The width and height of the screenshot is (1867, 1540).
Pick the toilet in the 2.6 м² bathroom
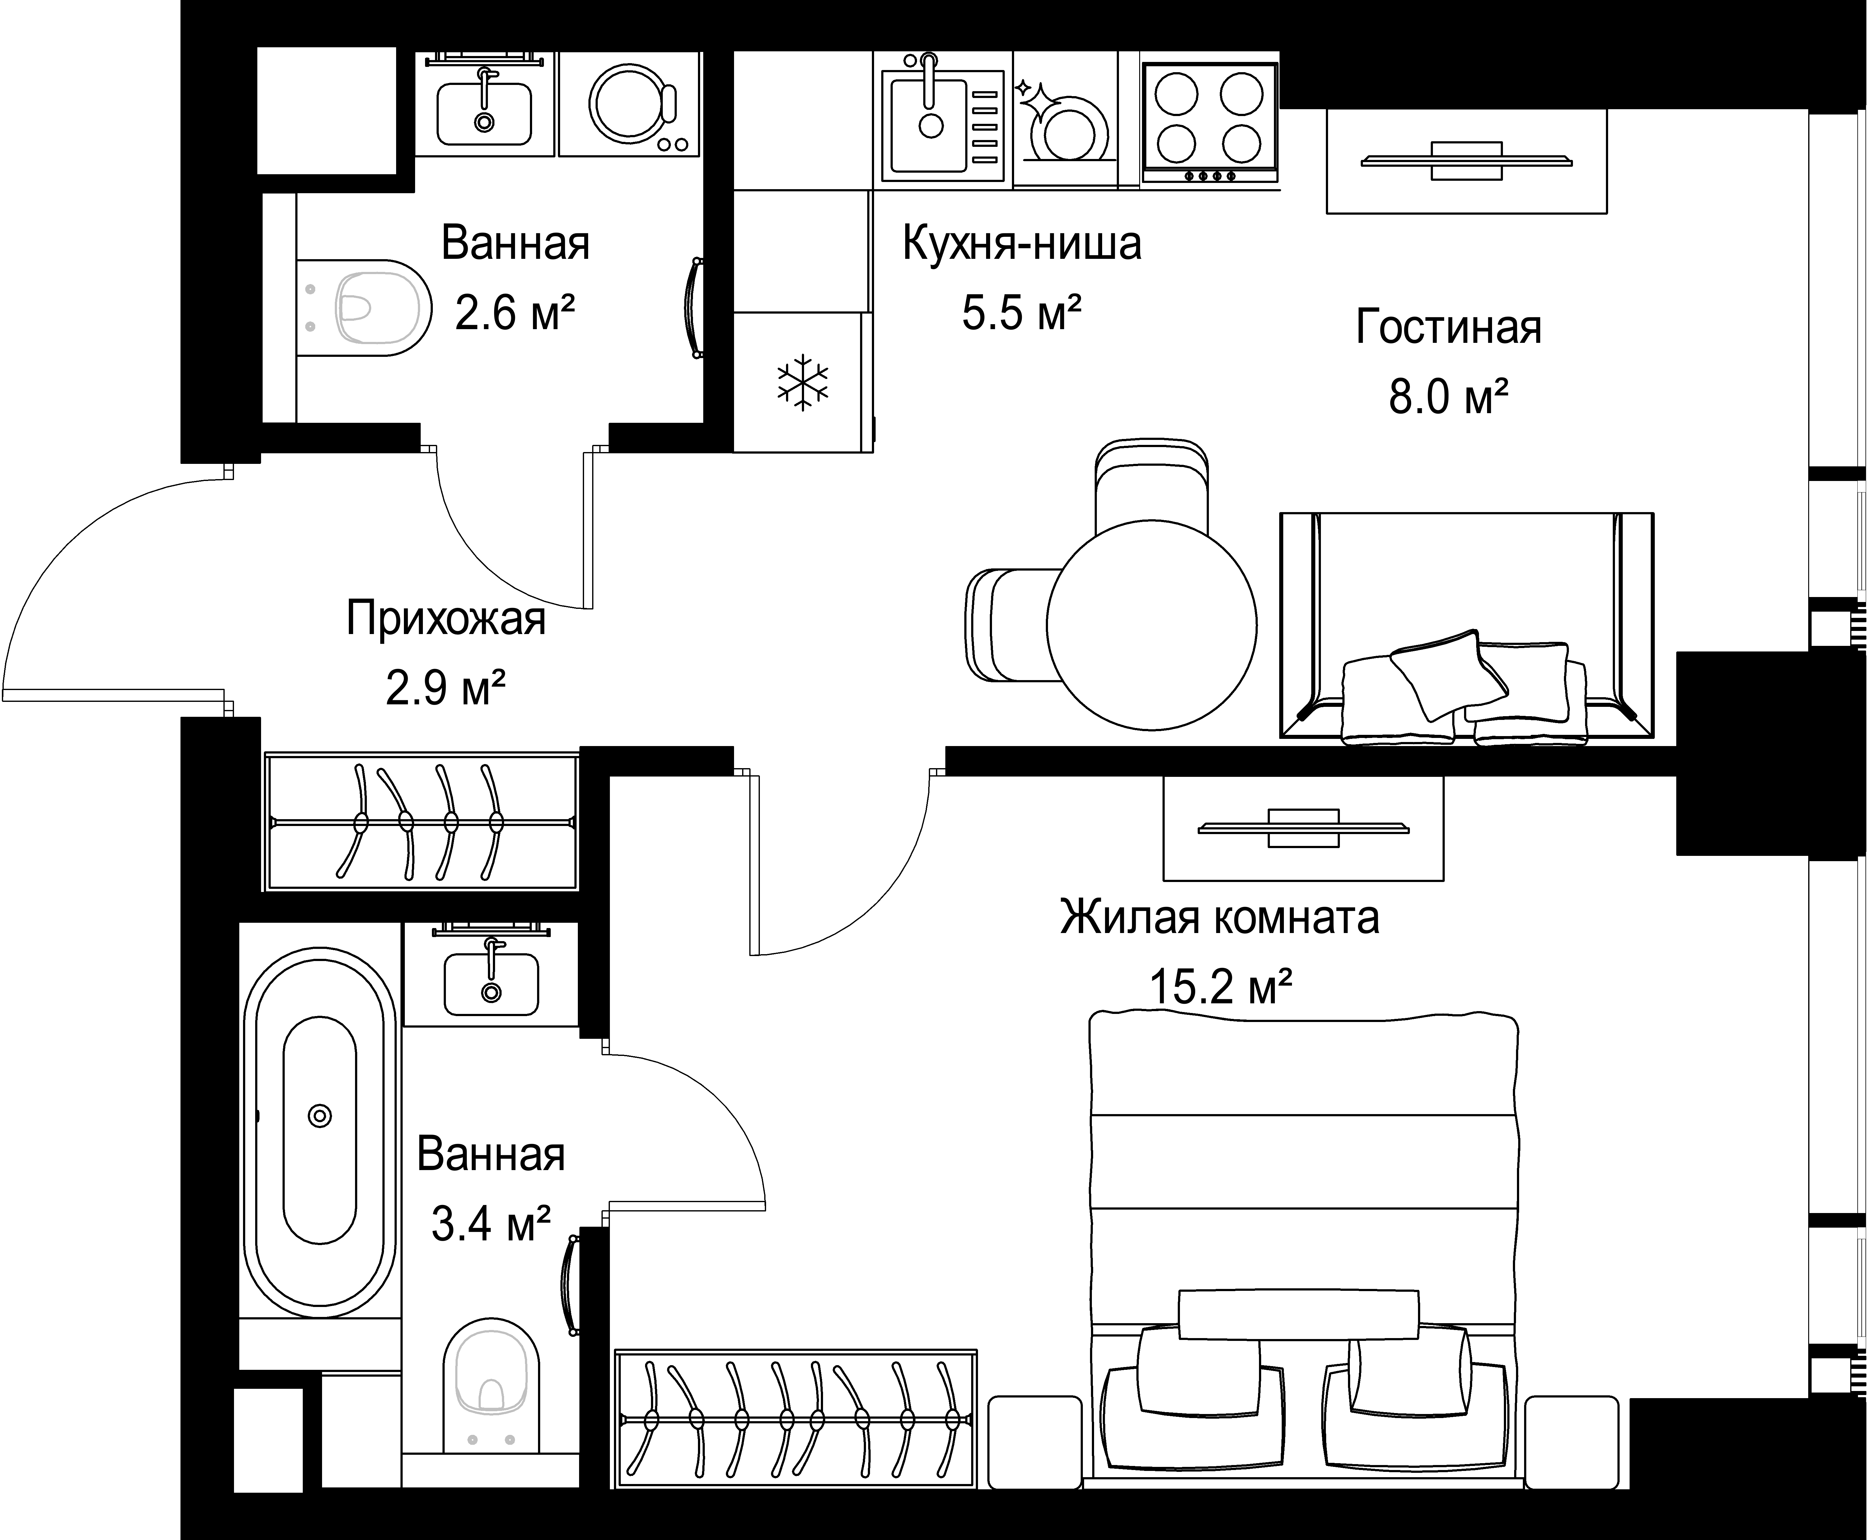(364, 308)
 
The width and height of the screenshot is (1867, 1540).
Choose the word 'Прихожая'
(446, 618)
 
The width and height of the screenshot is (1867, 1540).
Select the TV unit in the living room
(1466, 161)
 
